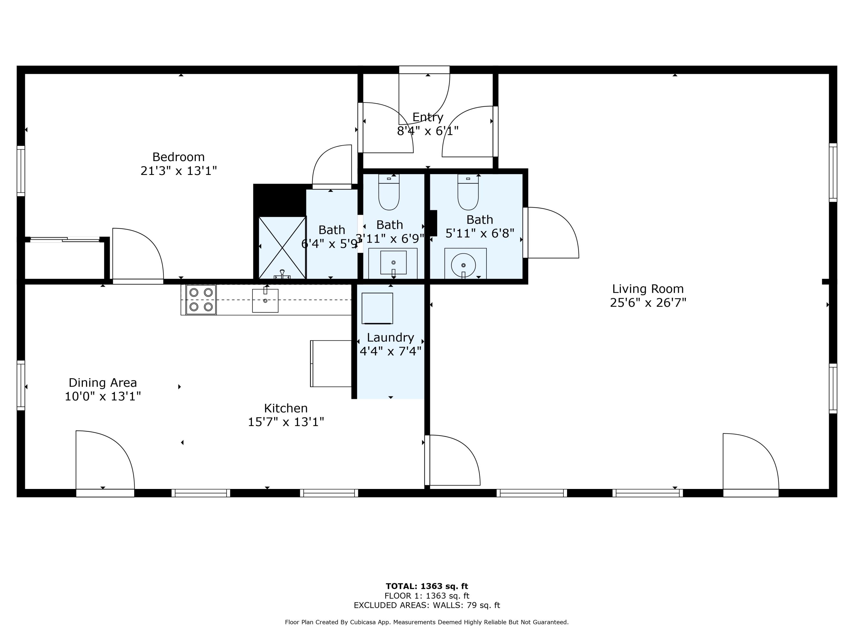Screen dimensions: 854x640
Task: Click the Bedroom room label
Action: tap(178, 157)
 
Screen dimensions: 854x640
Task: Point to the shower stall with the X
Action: tap(282, 248)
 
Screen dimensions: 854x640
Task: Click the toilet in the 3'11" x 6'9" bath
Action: tap(389, 192)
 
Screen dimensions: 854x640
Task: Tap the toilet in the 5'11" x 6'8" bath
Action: tap(468, 192)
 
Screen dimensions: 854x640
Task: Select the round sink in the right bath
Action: tap(463, 265)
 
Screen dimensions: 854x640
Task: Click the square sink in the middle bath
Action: tap(393, 263)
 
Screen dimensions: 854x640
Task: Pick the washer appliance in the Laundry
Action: tap(377, 308)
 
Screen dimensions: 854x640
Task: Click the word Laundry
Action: tap(390, 338)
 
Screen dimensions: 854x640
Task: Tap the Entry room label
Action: tap(428, 117)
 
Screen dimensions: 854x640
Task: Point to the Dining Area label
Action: tap(103, 383)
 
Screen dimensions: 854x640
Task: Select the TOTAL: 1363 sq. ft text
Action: tap(427, 586)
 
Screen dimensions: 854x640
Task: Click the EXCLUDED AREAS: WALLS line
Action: tap(427, 605)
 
